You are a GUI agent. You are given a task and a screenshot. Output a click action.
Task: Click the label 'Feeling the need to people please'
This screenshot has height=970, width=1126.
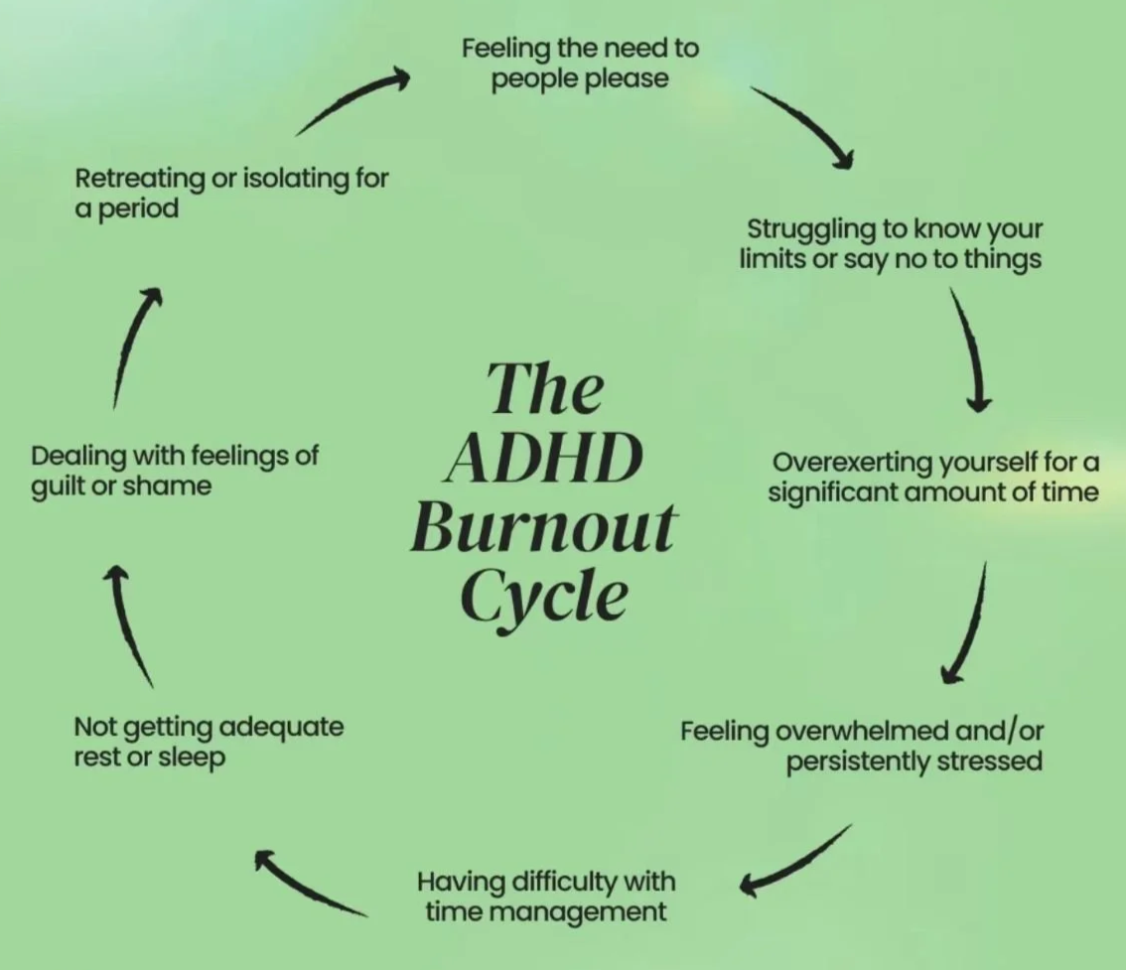580,63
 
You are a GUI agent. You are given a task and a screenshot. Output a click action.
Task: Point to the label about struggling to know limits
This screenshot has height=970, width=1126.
891,243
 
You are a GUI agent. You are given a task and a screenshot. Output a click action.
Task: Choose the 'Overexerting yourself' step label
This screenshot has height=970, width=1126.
934,477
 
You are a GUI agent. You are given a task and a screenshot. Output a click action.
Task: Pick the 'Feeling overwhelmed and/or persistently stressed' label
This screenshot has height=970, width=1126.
862,746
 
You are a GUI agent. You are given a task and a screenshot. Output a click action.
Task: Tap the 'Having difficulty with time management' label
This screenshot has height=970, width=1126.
545,896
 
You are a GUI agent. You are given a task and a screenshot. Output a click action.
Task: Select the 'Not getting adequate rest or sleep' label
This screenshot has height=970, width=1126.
209,741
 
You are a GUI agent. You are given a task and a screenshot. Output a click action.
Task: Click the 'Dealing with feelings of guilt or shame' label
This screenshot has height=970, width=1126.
175,471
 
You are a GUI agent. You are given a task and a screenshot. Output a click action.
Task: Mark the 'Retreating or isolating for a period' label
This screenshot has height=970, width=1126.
231,193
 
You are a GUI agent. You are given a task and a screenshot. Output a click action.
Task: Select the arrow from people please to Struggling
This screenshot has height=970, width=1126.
802,126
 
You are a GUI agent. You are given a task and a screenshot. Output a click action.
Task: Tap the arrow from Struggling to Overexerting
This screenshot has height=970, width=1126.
970,348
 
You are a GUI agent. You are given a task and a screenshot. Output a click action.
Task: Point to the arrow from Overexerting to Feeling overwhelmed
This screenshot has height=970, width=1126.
966,624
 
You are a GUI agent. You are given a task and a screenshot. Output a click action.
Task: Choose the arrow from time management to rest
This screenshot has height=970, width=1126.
310,883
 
